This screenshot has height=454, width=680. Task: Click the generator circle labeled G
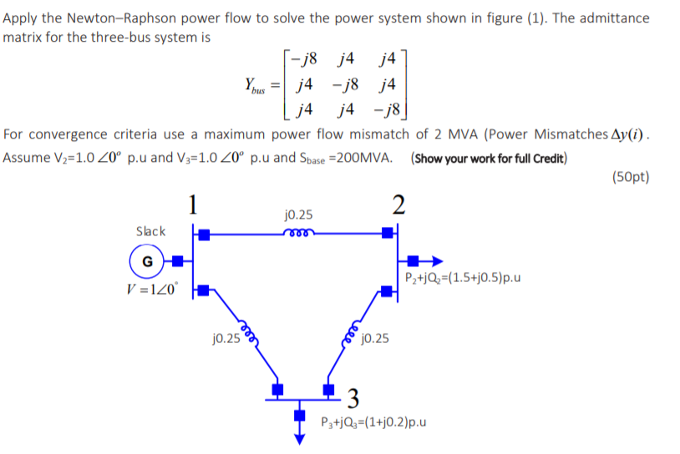point(147,260)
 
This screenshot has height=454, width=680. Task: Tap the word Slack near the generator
point(150,231)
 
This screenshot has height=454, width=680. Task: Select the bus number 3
point(354,396)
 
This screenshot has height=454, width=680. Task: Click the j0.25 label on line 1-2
point(298,214)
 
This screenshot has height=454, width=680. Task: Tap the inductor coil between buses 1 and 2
point(297,234)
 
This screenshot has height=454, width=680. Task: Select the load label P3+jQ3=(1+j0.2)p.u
point(373,421)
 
